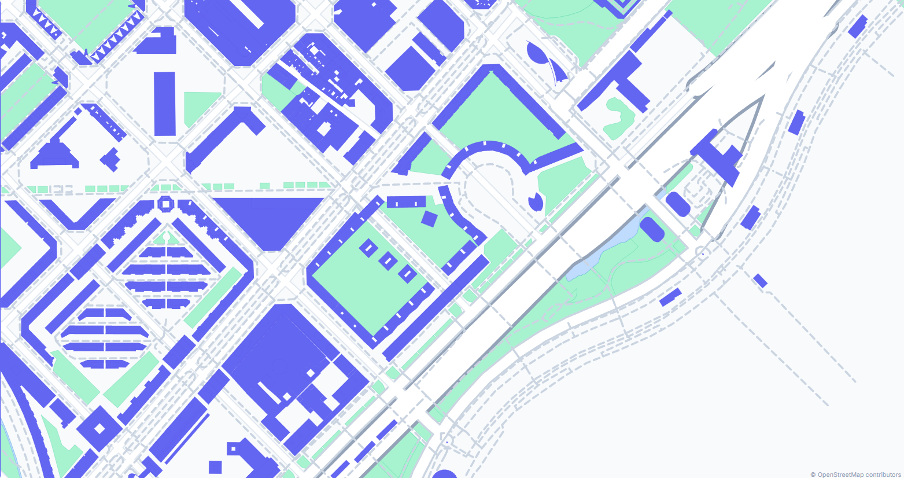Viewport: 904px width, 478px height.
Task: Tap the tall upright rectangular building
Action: click(x=165, y=104)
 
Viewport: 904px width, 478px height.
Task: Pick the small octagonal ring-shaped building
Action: click(x=165, y=203)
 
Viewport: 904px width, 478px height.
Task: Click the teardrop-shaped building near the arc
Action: click(x=536, y=201)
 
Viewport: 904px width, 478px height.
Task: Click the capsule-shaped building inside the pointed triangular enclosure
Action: click(x=678, y=204)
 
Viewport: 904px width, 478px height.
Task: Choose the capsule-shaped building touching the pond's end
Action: click(x=652, y=229)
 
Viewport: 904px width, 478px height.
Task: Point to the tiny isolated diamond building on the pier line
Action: click(x=760, y=281)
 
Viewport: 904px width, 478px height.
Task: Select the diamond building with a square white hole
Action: click(x=99, y=429)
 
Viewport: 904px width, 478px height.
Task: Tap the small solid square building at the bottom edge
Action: click(x=215, y=467)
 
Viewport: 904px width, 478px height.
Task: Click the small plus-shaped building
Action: click(x=110, y=159)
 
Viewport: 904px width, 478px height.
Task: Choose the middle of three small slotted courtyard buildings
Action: click(x=388, y=261)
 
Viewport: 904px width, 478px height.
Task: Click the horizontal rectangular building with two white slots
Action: click(x=406, y=202)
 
